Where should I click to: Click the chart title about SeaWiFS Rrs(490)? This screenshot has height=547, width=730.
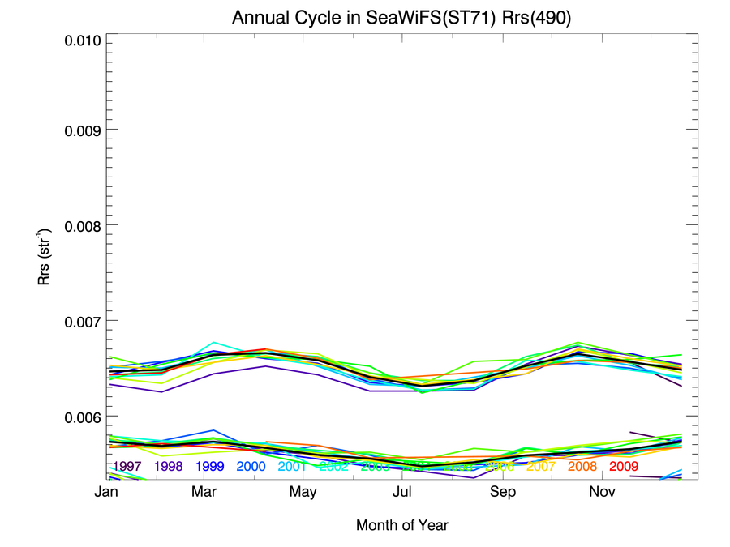tap(401, 18)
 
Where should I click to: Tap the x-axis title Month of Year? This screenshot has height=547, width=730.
tap(401, 525)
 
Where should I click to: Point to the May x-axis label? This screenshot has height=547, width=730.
tap(303, 492)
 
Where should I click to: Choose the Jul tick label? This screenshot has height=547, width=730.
tap(403, 492)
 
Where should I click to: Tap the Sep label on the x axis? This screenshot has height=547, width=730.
tap(502, 492)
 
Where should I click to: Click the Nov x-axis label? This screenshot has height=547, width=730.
tap(601, 492)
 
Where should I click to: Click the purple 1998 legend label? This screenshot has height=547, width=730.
tap(168, 467)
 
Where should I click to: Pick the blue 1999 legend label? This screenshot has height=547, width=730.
tap(209, 467)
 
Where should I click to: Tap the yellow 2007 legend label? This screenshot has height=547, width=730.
tap(541, 467)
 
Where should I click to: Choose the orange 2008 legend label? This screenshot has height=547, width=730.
tap(582, 467)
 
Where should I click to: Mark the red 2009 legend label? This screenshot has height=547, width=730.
tap(624, 467)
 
